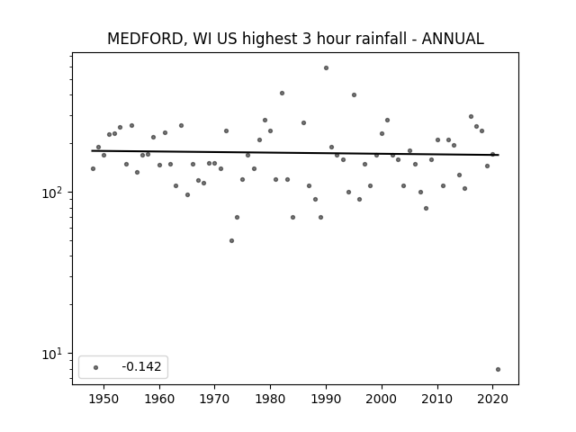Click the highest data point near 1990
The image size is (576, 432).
326,68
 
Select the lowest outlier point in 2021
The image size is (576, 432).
498,370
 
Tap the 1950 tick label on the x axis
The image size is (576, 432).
104,399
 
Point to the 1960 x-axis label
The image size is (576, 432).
159,399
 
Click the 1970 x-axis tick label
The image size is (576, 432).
215,399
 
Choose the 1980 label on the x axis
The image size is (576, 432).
270,399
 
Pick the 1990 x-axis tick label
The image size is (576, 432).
326,399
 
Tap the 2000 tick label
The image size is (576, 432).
382,399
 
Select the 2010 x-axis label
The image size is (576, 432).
437,399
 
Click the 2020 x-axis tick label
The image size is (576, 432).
492,399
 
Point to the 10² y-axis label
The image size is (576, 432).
52,193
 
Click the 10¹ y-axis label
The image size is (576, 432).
52,354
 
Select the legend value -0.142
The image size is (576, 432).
141,366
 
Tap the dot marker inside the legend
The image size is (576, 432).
96,367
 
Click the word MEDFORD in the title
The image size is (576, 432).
145,39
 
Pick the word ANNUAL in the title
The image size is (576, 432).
453,39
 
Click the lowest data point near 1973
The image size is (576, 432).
231,241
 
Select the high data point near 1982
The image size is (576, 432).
282,94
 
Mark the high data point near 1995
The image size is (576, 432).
354,94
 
